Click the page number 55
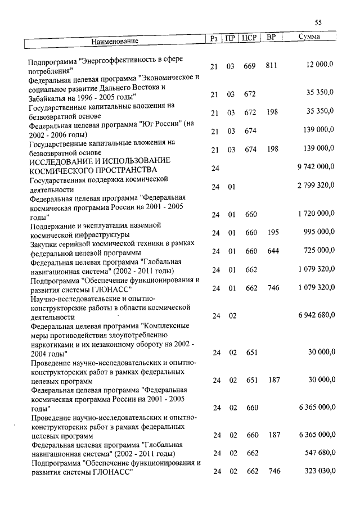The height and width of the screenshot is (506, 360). (318, 22)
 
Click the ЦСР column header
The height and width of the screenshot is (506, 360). (249, 38)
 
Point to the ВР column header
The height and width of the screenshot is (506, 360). (271, 38)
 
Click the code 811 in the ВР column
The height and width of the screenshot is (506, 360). (272, 66)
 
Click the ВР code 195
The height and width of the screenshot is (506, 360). (273, 232)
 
